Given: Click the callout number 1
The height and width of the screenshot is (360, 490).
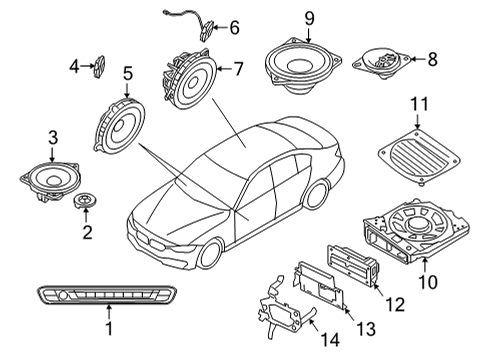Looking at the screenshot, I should pyautogui.click(x=109, y=326).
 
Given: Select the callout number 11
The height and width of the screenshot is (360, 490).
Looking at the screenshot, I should pyautogui.click(x=421, y=103).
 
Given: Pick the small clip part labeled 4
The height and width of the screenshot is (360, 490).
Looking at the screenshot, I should pyautogui.click(x=101, y=66).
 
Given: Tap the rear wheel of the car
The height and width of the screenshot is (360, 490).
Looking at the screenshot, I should pyautogui.click(x=317, y=195).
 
